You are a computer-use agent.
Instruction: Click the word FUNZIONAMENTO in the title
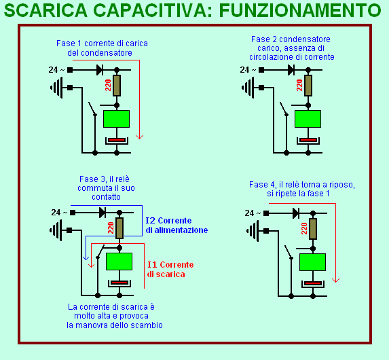coord(300,10)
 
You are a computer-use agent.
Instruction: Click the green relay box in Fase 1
coord(116,119)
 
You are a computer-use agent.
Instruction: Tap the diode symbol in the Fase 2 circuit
coord(291,70)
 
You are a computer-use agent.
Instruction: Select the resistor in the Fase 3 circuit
coord(119,228)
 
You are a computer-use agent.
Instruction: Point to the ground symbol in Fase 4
coord(253,231)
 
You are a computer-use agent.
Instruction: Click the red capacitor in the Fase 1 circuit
coord(117,140)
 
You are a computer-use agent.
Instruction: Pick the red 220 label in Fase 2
coord(299,85)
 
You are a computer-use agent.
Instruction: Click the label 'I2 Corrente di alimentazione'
coord(177,226)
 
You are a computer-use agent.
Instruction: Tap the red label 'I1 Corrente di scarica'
coord(170,270)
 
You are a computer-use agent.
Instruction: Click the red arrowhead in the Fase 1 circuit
coord(139,137)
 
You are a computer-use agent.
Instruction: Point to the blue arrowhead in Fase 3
coord(86,257)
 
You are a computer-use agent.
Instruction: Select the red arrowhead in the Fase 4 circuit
coord(335,280)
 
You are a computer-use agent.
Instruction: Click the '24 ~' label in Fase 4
coord(253,213)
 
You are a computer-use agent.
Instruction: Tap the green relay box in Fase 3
coord(119,262)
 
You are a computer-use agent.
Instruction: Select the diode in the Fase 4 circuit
coord(296,213)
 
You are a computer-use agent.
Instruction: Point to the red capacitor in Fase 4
coord(313,283)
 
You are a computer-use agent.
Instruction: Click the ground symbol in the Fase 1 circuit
coord(56,88)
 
